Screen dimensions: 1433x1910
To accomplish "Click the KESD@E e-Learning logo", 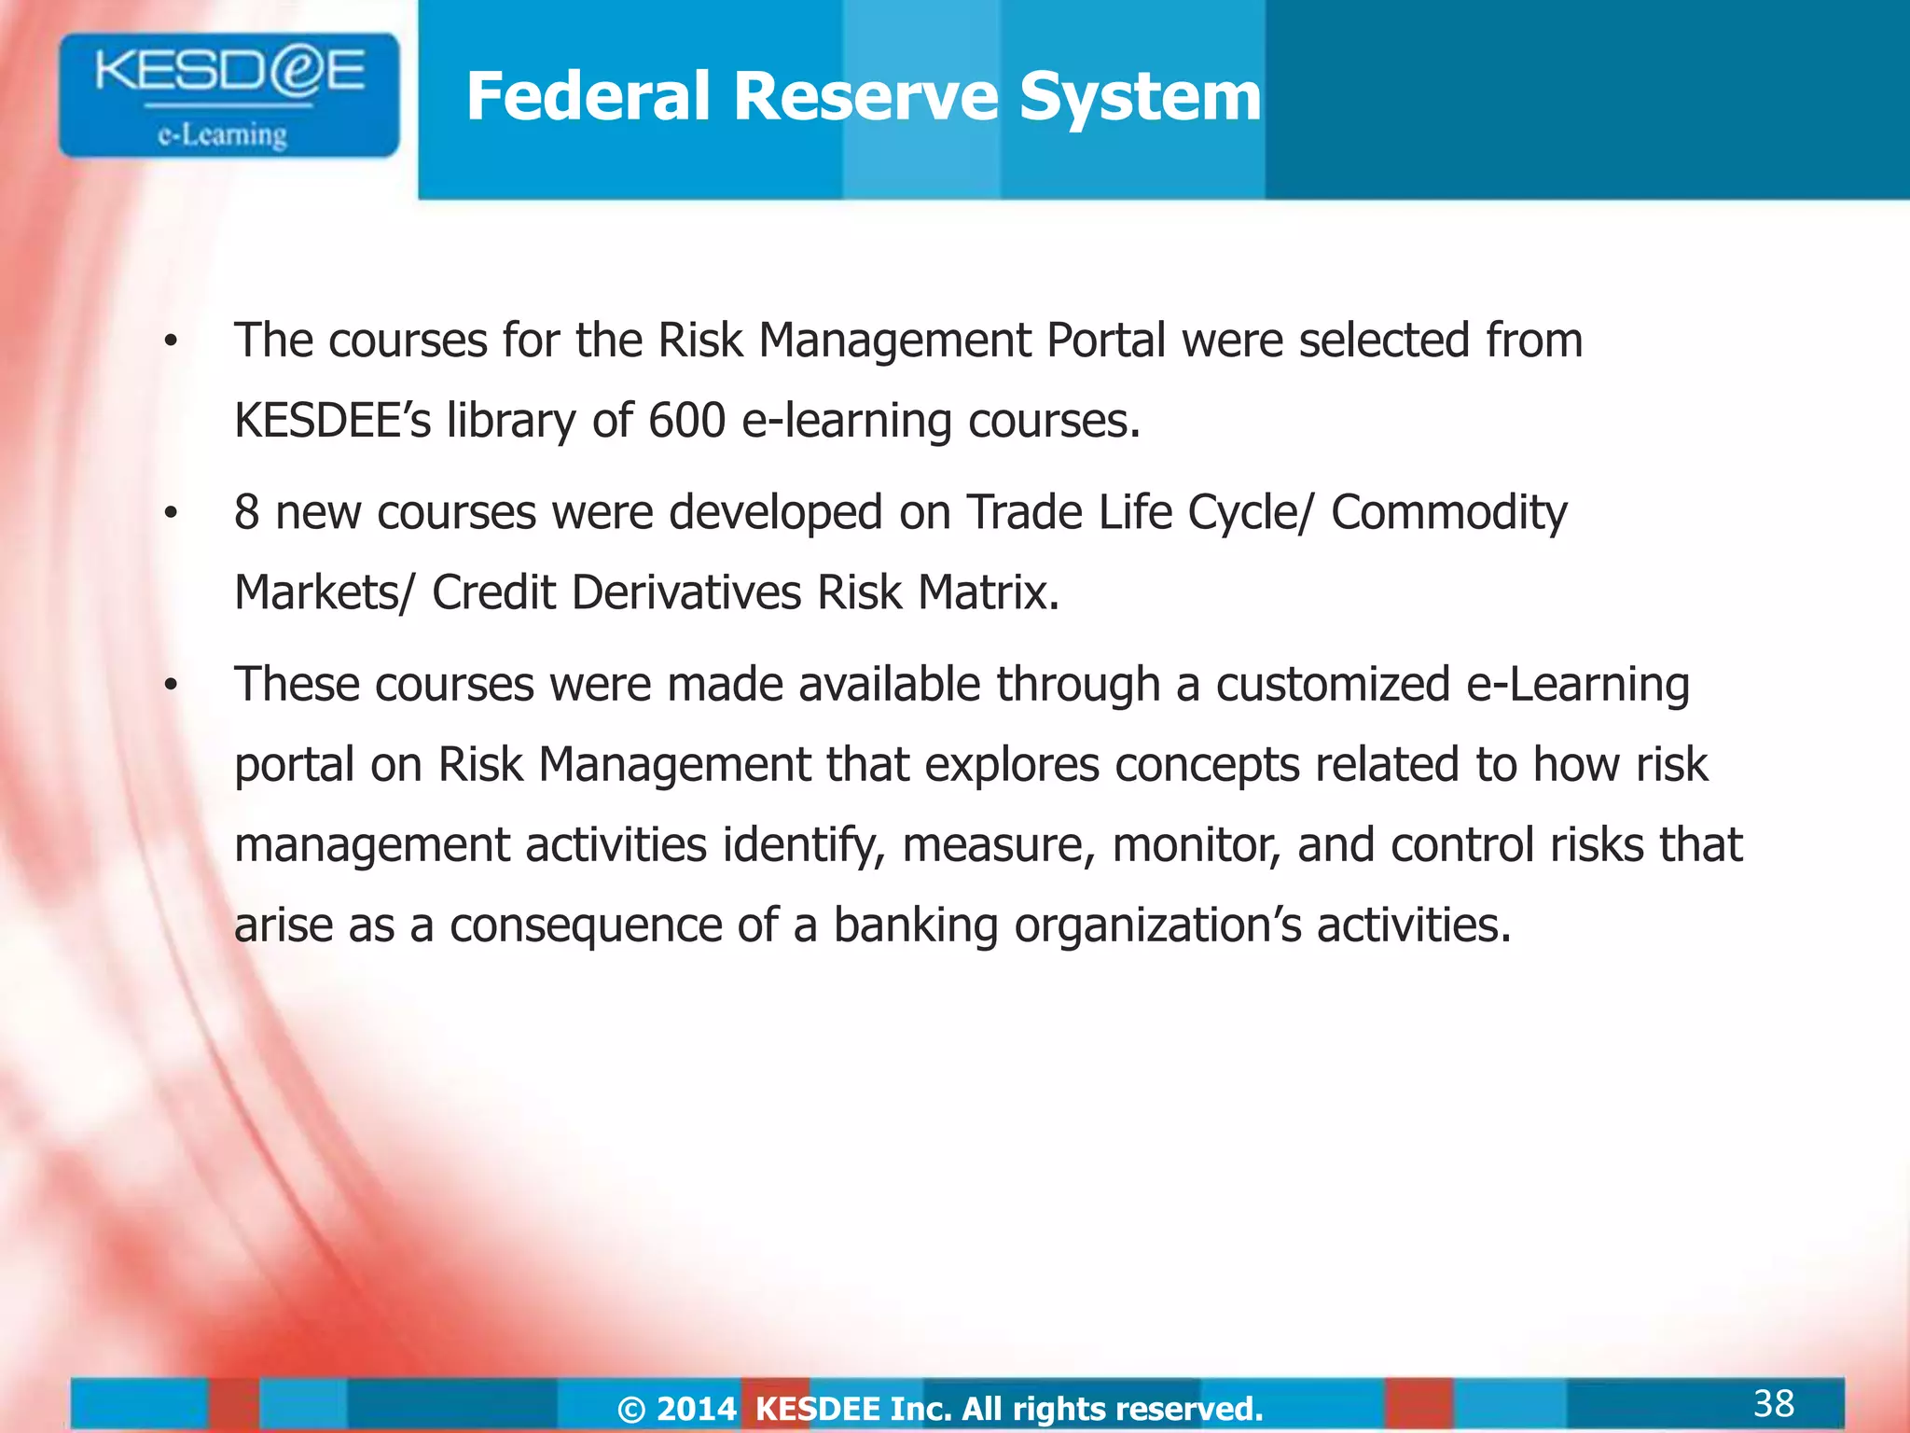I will click(228, 95).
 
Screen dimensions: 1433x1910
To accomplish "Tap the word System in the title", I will click(1140, 96).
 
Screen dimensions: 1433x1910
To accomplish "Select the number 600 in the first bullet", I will click(686, 421).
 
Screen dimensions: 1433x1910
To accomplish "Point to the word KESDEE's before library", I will click(332, 421).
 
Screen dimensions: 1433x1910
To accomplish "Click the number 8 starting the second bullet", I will click(246, 512).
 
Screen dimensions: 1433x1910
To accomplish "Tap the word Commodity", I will click(1448, 512).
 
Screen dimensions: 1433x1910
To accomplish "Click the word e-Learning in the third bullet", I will click(1578, 684).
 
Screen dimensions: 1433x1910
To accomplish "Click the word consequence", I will click(586, 925).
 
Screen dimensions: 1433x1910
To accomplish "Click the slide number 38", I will click(1774, 1403).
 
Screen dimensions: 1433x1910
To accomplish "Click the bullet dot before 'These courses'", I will click(170, 686).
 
